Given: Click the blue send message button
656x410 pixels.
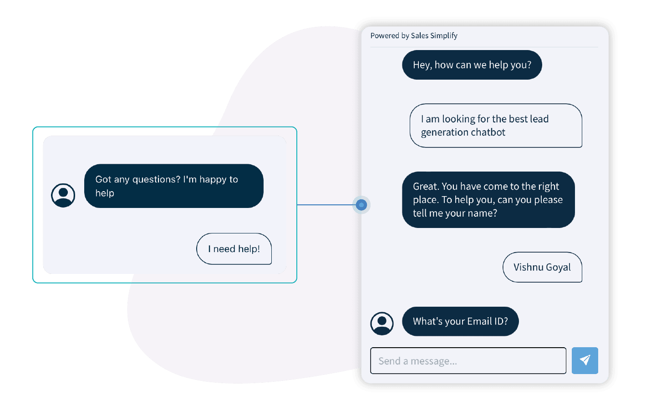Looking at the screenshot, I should click(585, 360).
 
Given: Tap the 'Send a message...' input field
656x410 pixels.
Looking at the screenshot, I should click(468, 361).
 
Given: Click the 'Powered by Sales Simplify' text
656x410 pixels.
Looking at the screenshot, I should click(414, 35).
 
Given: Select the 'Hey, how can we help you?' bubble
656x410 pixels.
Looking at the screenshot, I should click(472, 65).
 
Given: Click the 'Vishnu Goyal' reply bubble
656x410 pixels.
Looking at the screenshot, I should click(542, 267).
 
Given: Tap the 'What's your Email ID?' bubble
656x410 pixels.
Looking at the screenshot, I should click(460, 321).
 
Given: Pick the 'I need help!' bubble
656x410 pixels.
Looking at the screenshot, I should click(234, 249).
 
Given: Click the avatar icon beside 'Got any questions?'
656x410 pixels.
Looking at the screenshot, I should click(63, 195).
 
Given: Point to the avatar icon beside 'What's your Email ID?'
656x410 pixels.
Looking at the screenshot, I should click(382, 324).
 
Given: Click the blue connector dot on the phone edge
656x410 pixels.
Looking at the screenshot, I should click(361, 205).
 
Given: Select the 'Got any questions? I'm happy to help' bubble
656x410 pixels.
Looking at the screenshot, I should click(173, 186).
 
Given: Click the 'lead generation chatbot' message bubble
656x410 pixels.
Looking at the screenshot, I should click(495, 126).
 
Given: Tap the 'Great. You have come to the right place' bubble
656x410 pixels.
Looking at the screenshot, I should click(488, 200).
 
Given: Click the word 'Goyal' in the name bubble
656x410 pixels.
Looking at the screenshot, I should click(558, 268).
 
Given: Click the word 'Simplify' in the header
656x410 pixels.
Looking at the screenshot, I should click(444, 35).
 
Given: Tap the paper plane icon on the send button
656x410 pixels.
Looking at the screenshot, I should click(585, 360).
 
